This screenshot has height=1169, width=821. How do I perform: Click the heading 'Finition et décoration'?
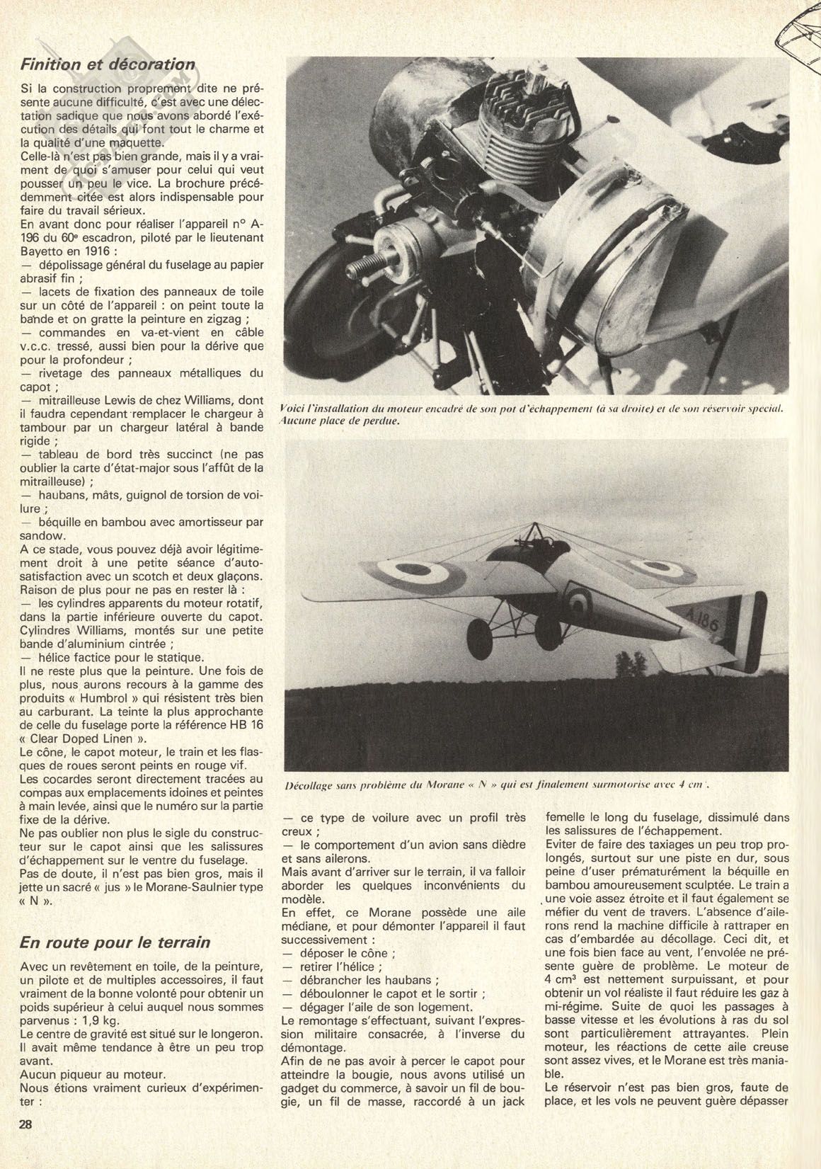point(108,64)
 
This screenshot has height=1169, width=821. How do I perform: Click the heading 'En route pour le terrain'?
point(115,942)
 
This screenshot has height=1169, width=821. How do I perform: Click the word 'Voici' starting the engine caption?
point(294,409)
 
